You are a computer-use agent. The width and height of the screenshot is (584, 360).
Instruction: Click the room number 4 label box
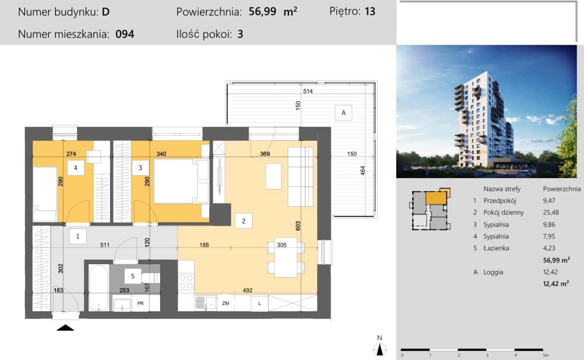pyautogui.click(x=75, y=168)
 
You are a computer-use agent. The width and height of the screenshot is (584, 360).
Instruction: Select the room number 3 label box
pyautogui.click(x=140, y=168)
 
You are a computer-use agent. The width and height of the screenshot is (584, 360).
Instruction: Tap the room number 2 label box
pyautogui.click(x=243, y=221)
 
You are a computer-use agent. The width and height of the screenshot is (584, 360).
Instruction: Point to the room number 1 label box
pyautogui.click(x=78, y=236)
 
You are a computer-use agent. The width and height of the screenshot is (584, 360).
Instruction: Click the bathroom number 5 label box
pyautogui.click(x=133, y=276)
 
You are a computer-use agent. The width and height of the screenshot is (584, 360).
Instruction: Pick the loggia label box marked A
pyautogui.click(x=344, y=112)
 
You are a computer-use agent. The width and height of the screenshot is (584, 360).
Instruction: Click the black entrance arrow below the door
pyautogui.click(x=65, y=328)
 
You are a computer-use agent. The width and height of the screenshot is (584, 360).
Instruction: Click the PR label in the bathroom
pyautogui.click(x=140, y=303)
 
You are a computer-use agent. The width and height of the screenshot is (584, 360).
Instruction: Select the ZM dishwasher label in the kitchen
pyautogui.click(x=225, y=303)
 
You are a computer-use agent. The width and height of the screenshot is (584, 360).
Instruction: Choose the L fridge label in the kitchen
pyautogui.click(x=259, y=303)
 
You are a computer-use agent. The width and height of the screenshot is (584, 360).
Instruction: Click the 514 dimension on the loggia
pyautogui.click(x=308, y=91)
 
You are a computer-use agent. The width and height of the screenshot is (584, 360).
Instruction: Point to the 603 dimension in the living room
pyautogui.click(x=298, y=226)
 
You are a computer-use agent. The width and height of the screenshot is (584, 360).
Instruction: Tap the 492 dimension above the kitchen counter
pyautogui.click(x=247, y=290)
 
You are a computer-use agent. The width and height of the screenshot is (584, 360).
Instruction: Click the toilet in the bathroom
pyautogui.click(x=151, y=278)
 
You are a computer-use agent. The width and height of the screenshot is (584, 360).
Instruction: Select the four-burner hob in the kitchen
pyautogui.click(x=186, y=282)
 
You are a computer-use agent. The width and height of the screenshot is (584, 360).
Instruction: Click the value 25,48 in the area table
pyautogui.click(x=551, y=213)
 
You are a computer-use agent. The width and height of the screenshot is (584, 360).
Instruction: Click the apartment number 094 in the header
pyautogui.click(x=125, y=34)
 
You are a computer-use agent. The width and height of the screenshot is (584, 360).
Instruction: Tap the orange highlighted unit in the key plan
pyautogui.click(x=436, y=198)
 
